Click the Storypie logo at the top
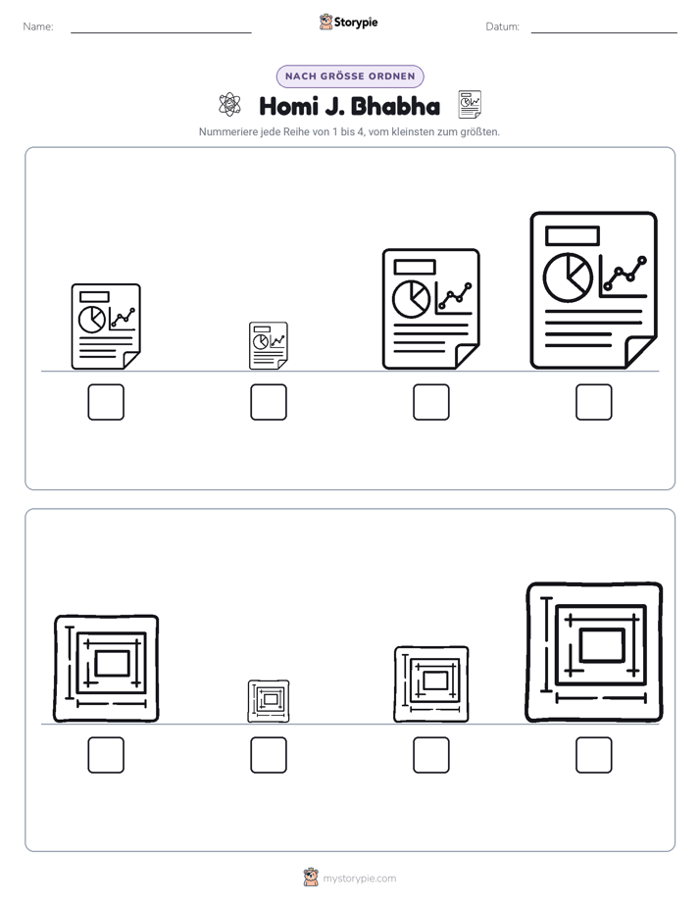coord(349,22)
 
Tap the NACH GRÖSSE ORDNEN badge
coord(350,76)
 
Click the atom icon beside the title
coord(229,105)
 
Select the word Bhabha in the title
coord(396,106)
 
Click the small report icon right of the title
coord(470,105)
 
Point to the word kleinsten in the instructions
coord(413,131)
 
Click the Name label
coord(38,26)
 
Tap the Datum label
coord(503,26)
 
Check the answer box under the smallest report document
coord(269,402)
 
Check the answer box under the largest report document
coord(594,402)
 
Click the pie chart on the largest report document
coord(568,277)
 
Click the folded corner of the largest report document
coord(641,352)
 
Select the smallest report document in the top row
coord(269,345)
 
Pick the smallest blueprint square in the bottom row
coord(269,701)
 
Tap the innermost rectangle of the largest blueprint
coord(602,645)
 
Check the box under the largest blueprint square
coord(594,755)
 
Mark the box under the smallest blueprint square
coord(269,755)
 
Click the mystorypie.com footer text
coord(359,879)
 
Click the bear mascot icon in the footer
coord(311,878)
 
